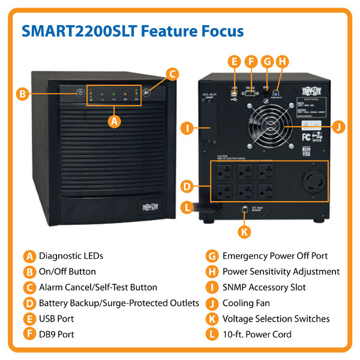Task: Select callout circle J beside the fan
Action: tap(339, 127)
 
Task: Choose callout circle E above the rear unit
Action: tap(235, 61)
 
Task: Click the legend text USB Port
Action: tap(56, 319)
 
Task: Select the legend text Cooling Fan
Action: tap(247, 303)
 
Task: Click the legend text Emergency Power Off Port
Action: tap(275, 256)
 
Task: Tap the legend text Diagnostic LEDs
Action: tap(71, 256)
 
